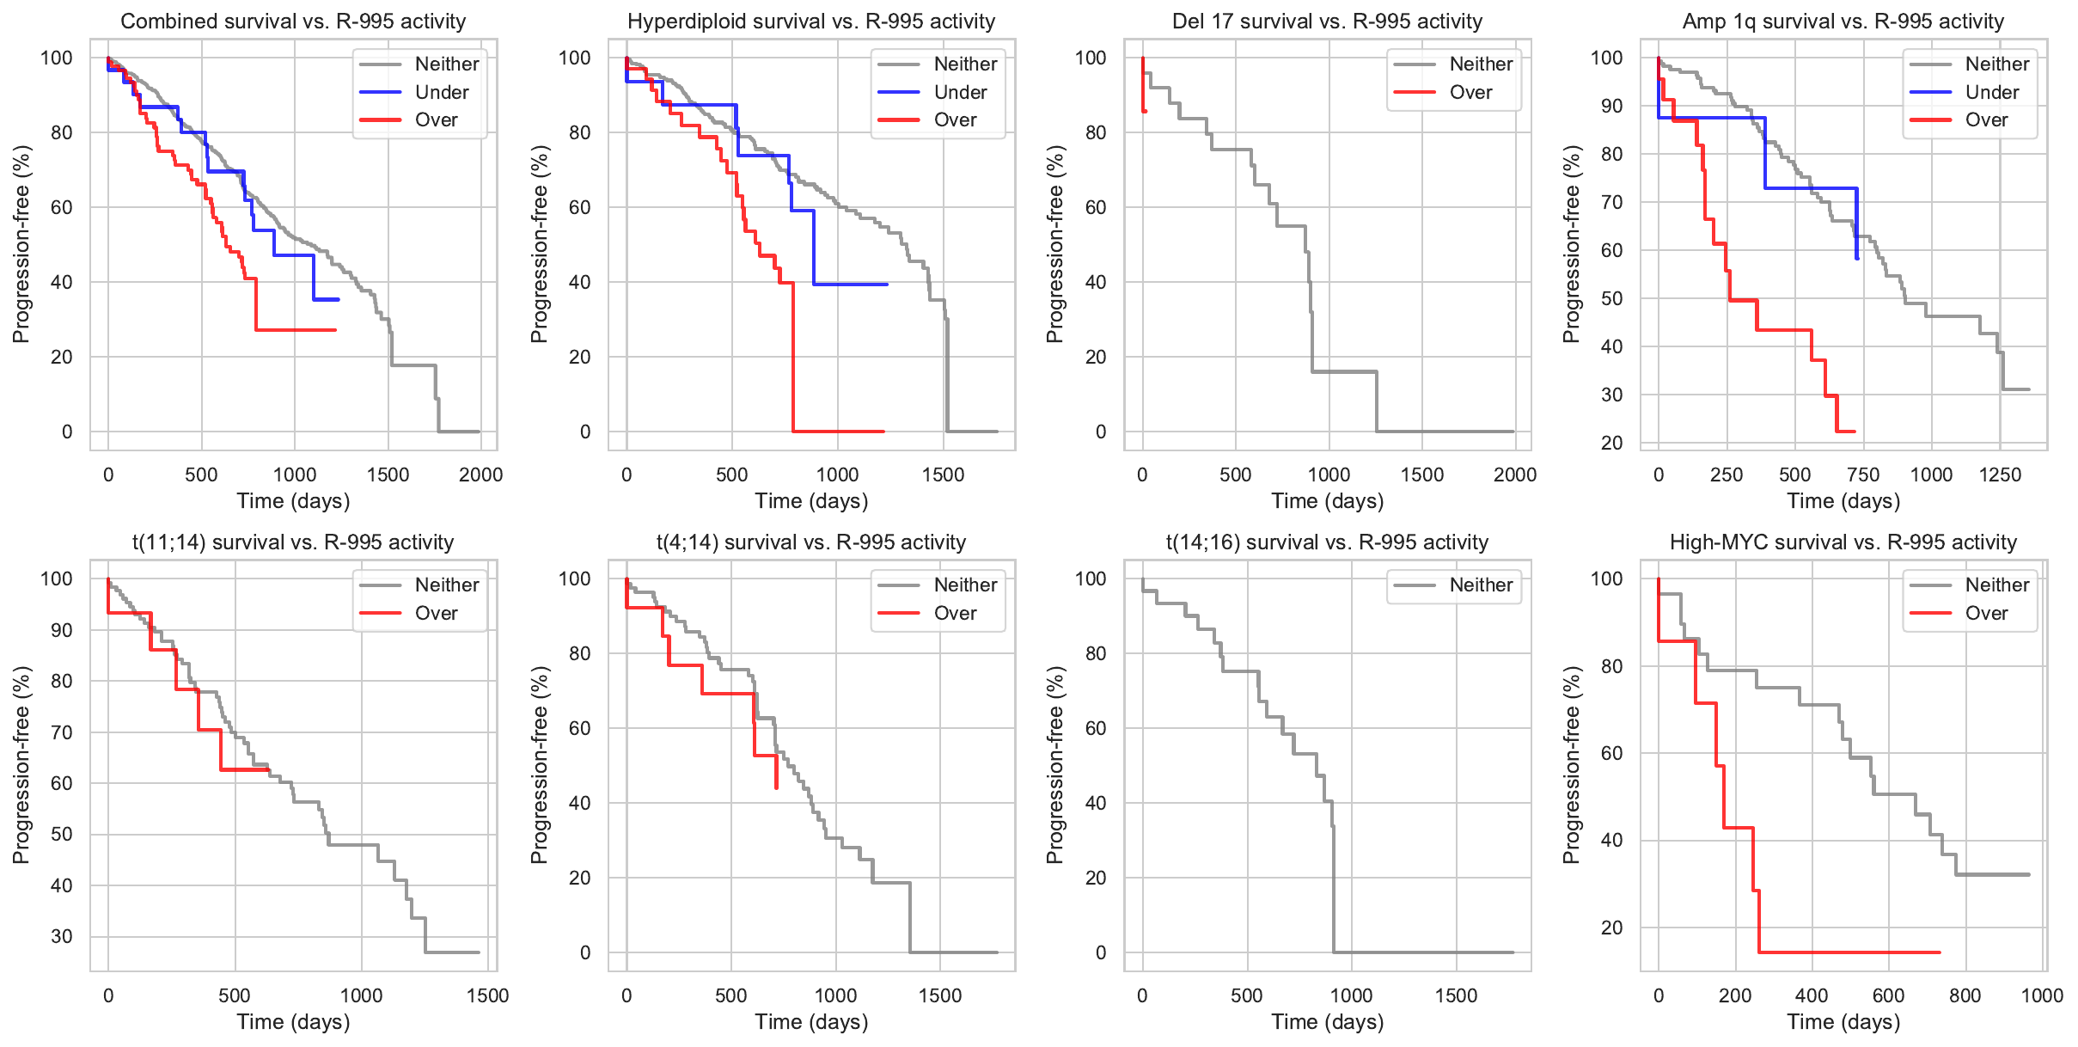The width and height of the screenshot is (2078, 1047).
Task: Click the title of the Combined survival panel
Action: pos(293,21)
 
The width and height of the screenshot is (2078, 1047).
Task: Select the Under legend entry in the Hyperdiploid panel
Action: pos(960,92)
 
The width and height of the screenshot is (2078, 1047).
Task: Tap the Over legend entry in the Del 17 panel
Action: pos(1470,92)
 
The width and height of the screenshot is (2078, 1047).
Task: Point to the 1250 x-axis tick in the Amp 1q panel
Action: pos(2000,475)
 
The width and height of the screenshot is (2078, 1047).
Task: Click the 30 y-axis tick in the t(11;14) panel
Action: pos(62,936)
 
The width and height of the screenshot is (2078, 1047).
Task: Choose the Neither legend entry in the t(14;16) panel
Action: pos(1481,585)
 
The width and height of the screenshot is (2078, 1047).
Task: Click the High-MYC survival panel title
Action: pos(1843,542)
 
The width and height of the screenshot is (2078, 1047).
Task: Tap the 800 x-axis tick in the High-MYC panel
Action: pos(1965,995)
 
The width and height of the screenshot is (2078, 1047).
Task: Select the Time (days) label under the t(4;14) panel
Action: pos(811,1022)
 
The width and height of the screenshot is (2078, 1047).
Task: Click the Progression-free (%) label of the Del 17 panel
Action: pos(1054,244)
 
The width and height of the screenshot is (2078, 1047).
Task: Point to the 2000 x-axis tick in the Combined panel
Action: pos(480,475)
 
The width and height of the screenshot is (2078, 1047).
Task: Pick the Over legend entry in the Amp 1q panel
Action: pos(1986,120)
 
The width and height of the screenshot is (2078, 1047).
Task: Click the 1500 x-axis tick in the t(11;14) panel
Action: pos(487,995)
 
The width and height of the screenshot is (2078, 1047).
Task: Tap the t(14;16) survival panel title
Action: pos(1327,542)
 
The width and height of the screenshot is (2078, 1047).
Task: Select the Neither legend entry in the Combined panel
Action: pos(447,64)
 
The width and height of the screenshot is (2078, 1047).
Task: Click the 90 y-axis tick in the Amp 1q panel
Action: pos(1606,107)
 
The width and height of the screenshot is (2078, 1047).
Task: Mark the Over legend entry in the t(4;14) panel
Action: pos(955,614)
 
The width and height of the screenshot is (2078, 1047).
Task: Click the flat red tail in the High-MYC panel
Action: pos(1848,952)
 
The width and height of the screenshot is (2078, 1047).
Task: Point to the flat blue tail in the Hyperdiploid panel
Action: pos(851,285)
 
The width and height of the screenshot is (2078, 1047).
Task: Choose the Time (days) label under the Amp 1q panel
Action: pos(1843,501)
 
